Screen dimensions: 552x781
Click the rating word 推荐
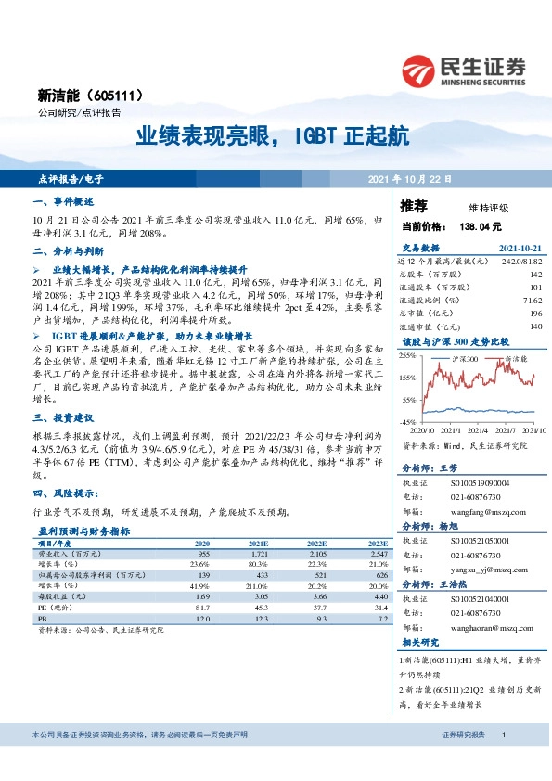[414, 206]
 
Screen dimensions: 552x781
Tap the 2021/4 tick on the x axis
[480, 429]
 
